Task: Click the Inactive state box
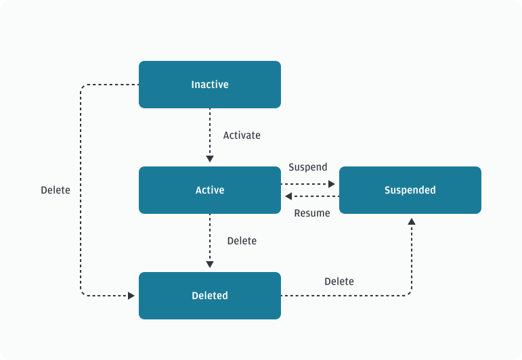tap(210, 85)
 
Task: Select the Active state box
tap(210, 190)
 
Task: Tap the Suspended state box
tap(410, 190)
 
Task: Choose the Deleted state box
tap(210, 296)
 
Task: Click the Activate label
tap(242, 135)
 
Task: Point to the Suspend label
tap(307, 167)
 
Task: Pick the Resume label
tap(312, 213)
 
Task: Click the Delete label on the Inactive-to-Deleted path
tap(56, 190)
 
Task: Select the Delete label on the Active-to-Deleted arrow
tap(242, 241)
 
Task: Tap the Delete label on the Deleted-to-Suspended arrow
tap(339, 282)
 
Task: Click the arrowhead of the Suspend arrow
tap(332, 184)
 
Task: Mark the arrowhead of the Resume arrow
tap(288, 196)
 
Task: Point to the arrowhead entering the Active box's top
tap(210, 159)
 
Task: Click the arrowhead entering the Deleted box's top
tap(210, 265)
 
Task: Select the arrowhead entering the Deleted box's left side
tap(131, 296)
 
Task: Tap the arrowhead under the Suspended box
tap(411, 221)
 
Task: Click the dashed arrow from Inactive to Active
tap(210, 132)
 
